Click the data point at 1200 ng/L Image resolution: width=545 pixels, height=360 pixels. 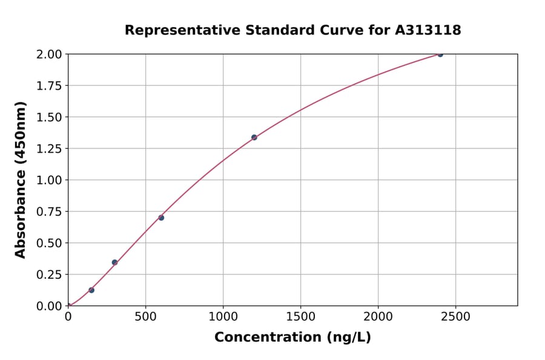[254, 138]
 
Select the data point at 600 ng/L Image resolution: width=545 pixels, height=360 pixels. [161, 218]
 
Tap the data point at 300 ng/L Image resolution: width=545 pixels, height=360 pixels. [114, 262]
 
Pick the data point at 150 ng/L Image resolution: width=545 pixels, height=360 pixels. [91, 290]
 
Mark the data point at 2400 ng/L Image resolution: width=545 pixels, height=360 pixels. [440, 55]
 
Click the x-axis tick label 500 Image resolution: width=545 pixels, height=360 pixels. [145, 317]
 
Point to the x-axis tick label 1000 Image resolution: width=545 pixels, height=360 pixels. [223, 317]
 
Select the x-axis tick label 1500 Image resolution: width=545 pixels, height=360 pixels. [300, 317]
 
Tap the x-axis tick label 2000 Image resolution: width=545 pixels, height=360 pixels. [378, 317]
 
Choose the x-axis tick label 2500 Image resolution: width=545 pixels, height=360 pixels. [455, 317]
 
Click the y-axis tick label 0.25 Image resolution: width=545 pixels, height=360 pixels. [50, 275]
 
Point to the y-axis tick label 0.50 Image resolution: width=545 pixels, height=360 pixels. [50, 243]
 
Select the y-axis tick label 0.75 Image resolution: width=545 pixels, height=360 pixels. [50, 212]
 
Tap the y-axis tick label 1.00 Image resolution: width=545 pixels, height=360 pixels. [50, 180]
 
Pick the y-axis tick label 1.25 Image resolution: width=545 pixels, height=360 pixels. [50, 148]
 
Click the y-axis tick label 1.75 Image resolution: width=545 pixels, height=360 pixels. [50, 85]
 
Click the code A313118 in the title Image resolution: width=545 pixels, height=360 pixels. [428, 30]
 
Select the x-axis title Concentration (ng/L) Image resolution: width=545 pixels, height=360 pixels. [292, 338]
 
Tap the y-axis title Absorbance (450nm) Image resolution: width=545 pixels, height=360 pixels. [21, 180]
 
